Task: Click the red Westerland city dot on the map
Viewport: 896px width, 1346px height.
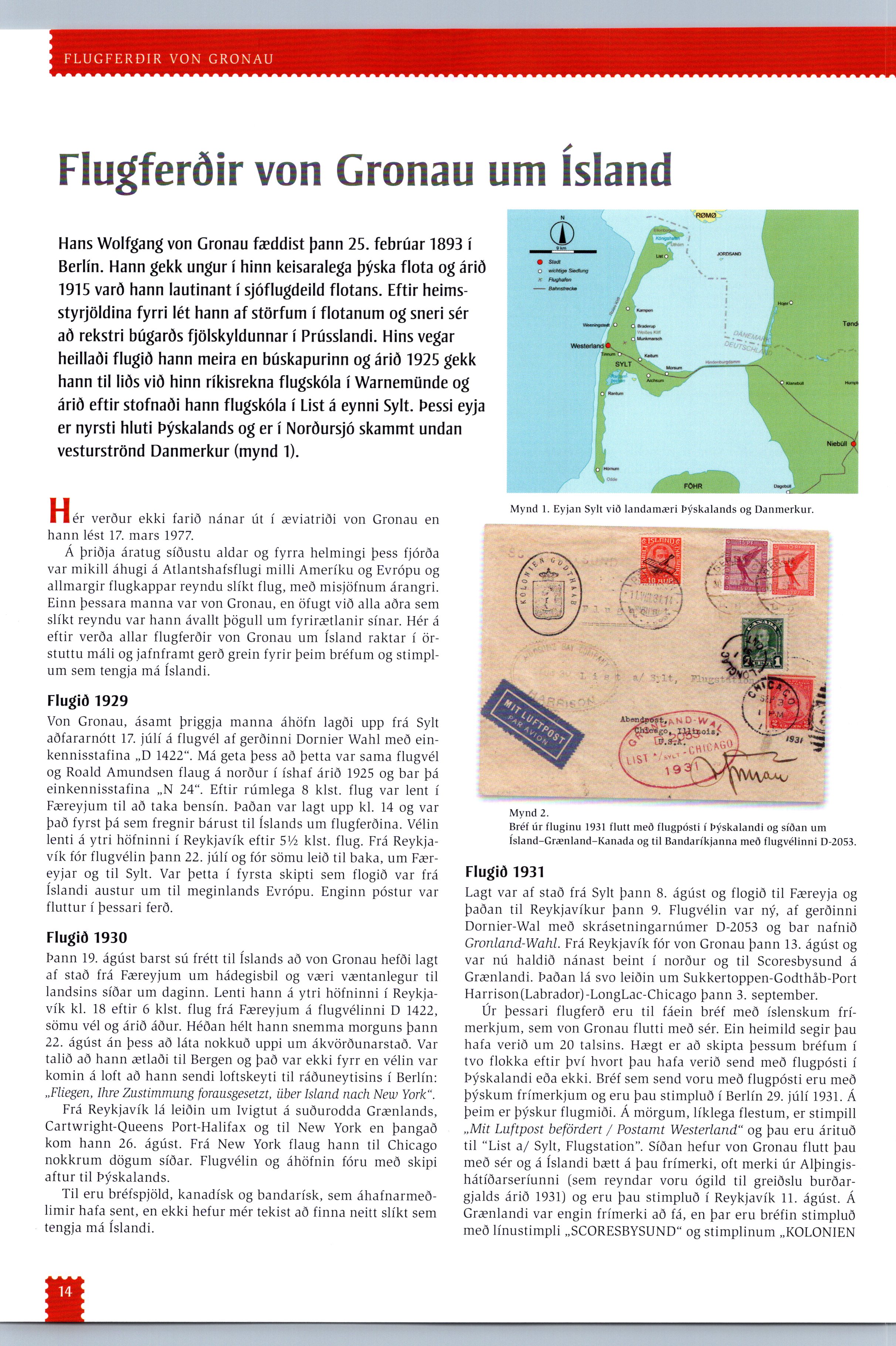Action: (x=608, y=345)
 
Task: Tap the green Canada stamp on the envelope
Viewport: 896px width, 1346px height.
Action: (x=762, y=643)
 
